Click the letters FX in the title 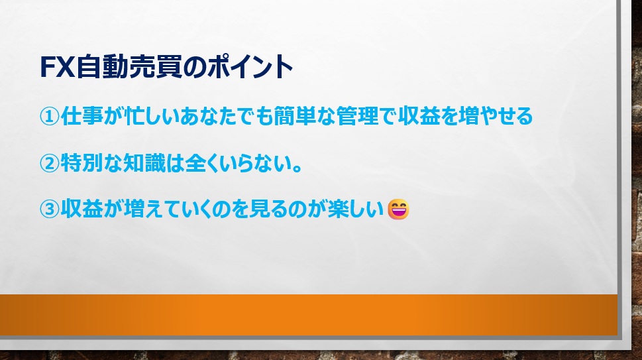58,67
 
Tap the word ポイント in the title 250,67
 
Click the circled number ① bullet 50,116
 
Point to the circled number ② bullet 50,163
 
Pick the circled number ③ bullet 50,210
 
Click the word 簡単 295,116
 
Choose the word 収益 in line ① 419,116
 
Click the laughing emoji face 398,210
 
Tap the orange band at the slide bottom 309,315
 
